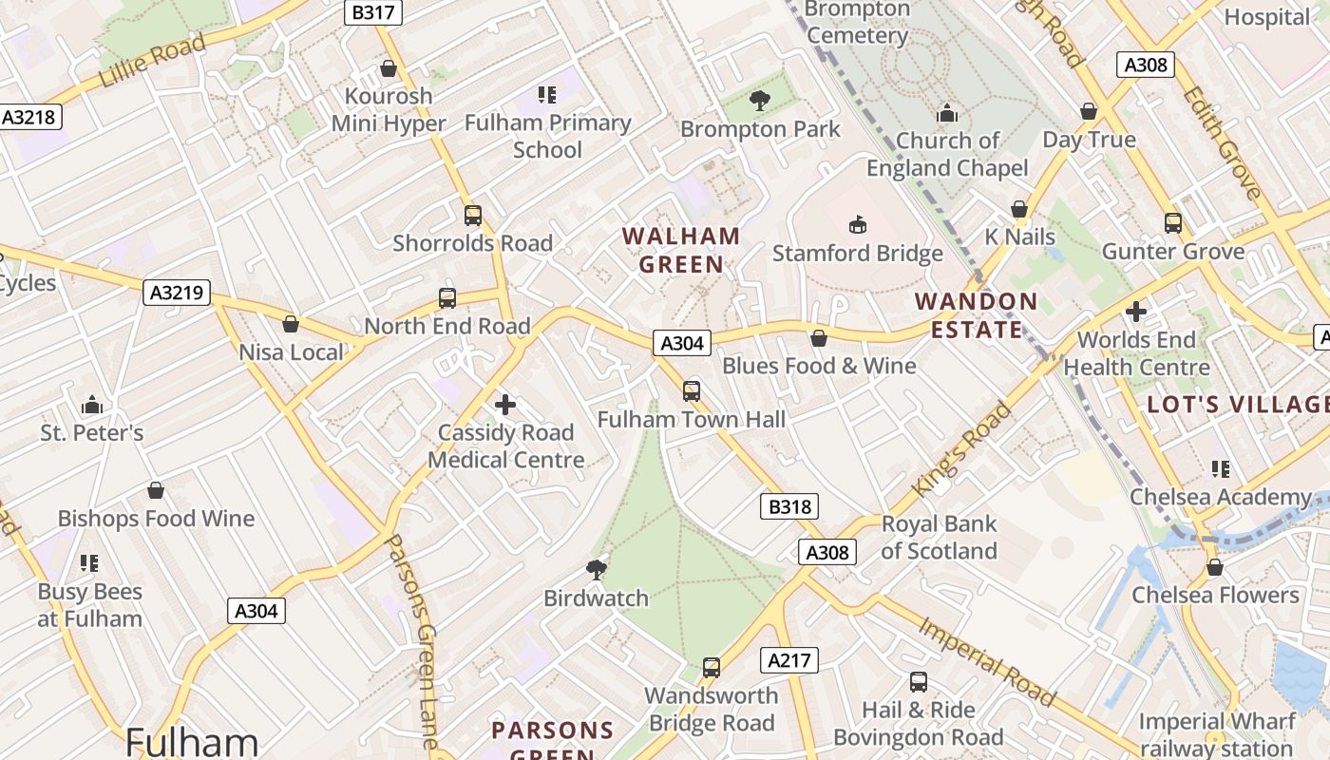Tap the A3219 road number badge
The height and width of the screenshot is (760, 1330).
tap(179, 293)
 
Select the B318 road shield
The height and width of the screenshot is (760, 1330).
tap(789, 507)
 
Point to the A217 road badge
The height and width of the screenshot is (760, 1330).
tap(789, 660)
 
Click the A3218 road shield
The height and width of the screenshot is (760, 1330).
tap(30, 117)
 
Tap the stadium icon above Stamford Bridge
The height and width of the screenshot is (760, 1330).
tap(857, 225)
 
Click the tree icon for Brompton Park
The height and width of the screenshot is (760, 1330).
tap(759, 100)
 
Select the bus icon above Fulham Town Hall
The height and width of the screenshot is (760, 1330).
tap(692, 390)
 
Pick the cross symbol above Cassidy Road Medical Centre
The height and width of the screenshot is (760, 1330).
tap(505, 406)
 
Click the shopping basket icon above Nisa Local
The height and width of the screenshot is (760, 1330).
tap(291, 324)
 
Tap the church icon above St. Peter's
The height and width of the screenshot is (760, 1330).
tap(92, 406)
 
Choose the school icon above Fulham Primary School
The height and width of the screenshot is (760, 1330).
tap(547, 94)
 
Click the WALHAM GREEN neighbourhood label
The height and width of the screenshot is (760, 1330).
tap(681, 250)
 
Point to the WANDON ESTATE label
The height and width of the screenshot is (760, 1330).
tap(976, 315)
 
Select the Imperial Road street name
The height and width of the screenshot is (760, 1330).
tap(987, 661)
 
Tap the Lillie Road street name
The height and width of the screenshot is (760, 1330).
tap(152, 61)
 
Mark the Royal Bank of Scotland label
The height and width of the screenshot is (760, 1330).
tap(939, 538)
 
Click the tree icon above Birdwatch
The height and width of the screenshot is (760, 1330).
tap(597, 569)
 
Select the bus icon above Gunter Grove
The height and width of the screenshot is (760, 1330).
tap(1173, 223)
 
